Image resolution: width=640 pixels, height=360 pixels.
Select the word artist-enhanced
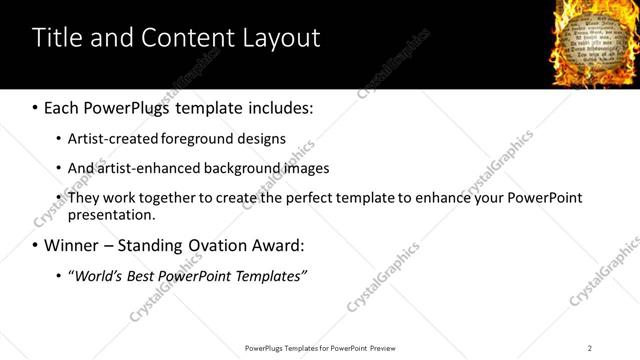pos(141,168)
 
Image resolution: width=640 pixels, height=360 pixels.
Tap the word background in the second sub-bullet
pos(237,168)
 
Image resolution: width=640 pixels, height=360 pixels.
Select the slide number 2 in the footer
pos(590,348)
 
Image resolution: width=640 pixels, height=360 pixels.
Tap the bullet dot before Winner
pos(36,245)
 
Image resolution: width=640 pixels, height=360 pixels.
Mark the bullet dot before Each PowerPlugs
pos(36,106)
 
